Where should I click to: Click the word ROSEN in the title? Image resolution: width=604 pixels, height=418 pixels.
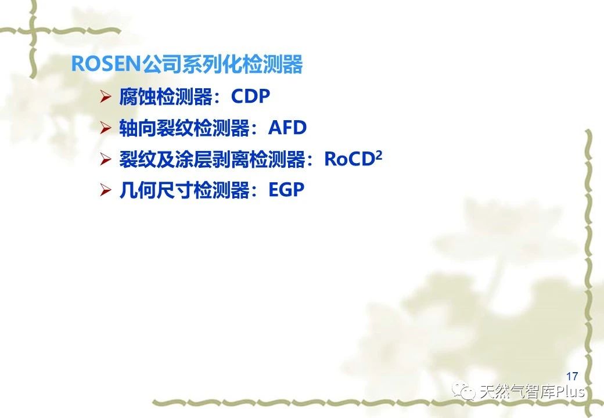(106, 63)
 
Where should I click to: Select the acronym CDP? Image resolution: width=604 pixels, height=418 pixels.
(250, 96)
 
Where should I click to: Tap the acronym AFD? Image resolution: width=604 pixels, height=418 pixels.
(287, 128)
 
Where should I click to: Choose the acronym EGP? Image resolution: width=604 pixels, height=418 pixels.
(286, 190)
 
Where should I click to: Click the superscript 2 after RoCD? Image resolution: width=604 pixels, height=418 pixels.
(379, 155)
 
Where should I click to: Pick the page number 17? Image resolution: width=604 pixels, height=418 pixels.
(572, 376)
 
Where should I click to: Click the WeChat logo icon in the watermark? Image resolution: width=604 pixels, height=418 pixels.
(464, 391)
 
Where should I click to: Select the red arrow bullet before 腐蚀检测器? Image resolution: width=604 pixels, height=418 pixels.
(106, 96)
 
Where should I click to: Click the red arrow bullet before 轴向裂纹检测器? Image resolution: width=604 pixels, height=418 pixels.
(106, 128)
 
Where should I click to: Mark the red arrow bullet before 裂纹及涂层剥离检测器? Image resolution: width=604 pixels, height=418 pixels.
(106, 159)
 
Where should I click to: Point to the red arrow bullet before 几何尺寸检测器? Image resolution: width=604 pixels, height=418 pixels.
(106, 190)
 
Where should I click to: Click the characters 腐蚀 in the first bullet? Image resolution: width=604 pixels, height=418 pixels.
(138, 96)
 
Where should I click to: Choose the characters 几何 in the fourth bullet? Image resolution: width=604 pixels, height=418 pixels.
(138, 190)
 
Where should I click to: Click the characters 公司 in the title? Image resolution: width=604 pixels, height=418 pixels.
(161, 64)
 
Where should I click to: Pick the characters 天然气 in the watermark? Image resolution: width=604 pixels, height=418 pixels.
(501, 392)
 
